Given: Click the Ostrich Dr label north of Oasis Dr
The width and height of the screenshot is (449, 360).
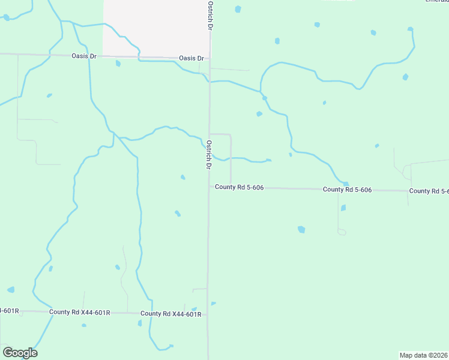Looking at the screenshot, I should [x=210, y=16].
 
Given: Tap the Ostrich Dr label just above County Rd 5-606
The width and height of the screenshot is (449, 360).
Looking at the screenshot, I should [x=209, y=155].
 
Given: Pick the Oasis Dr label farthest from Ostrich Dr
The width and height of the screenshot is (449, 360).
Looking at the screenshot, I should [x=84, y=56].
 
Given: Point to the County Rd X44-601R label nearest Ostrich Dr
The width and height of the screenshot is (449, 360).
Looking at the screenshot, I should [x=170, y=314].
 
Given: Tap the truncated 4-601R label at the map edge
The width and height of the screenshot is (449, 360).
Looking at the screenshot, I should [x=10, y=311].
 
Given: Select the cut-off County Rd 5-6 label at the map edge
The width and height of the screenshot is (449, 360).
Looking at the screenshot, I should [x=429, y=191].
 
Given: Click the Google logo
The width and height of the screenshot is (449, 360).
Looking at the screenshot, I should [x=20, y=353].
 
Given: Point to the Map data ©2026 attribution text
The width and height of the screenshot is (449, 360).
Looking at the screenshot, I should [x=423, y=355].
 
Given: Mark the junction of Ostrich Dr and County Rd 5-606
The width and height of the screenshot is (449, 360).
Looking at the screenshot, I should [x=209, y=187].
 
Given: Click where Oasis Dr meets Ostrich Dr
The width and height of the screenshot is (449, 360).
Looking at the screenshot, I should [x=209, y=59].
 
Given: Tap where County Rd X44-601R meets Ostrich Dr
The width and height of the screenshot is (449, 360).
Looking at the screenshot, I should [x=208, y=313].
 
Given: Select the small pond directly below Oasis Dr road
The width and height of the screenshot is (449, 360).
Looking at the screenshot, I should [x=118, y=63].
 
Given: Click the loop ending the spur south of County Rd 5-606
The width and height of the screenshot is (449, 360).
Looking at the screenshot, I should [x=342, y=232].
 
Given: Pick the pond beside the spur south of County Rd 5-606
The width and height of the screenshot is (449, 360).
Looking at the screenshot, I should [x=343, y=208].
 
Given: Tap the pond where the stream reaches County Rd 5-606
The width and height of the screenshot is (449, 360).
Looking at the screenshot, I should [x=346, y=184].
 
